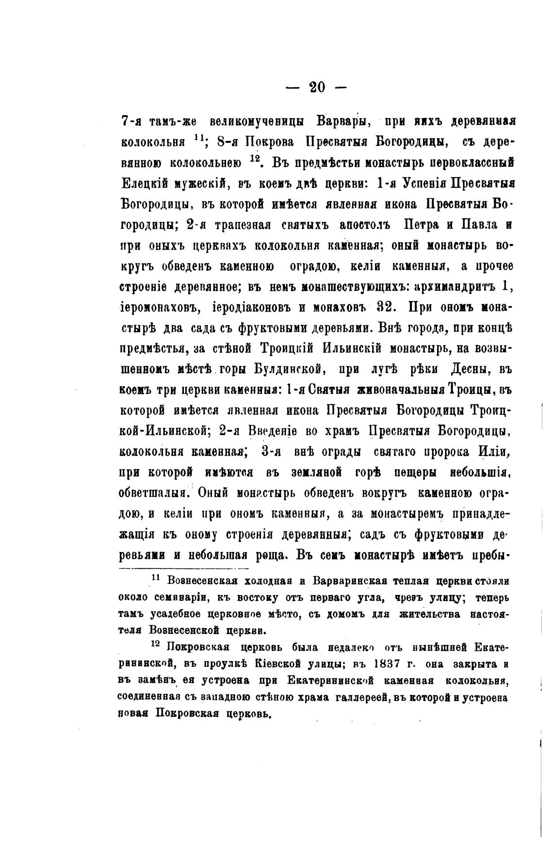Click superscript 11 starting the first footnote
pyautogui.click(x=156, y=578)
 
